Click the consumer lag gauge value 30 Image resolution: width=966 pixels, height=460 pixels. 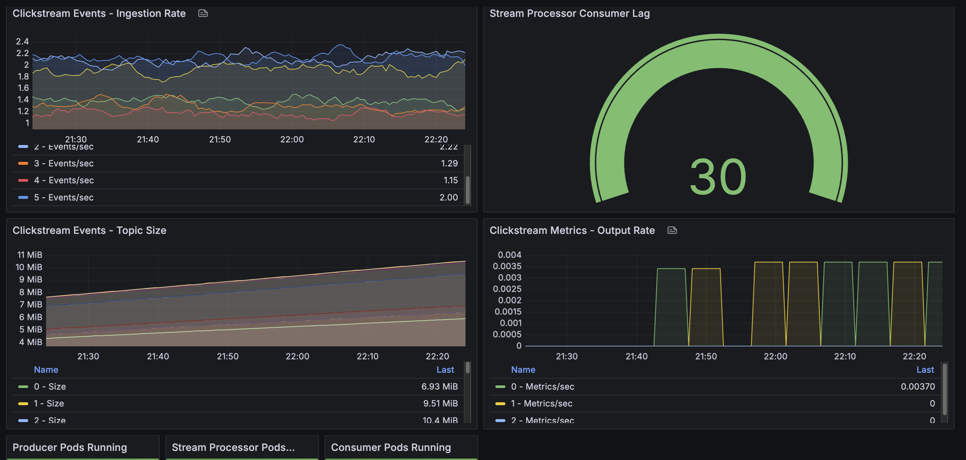tap(718, 177)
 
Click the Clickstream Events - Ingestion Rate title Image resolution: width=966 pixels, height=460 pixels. tap(99, 14)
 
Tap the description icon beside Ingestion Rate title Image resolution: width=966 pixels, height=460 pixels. tap(203, 14)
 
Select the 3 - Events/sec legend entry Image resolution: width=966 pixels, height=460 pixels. tap(64, 163)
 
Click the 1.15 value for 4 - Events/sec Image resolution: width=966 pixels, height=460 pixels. tap(450, 180)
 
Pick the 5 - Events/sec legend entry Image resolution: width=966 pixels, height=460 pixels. tap(64, 198)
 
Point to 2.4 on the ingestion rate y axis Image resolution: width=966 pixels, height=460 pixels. tap(22, 42)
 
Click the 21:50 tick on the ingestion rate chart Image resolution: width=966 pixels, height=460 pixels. tap(220, 139)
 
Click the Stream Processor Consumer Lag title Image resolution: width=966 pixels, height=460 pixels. tap(569, 14)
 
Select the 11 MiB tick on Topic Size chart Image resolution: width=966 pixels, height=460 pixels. tap(30, 255)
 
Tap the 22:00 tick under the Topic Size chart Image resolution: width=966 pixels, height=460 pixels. tap(297, 357)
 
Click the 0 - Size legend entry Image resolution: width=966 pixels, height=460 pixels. tap(50, 386)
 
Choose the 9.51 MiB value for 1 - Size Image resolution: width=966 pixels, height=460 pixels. tap(440, 403)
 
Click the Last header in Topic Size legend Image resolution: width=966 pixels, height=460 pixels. tap(445, 369)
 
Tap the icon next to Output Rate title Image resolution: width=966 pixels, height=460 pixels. tap(672, 230)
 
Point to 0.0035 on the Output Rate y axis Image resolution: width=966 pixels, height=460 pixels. tap(507, 266)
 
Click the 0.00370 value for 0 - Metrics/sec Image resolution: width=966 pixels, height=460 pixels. tap(918, 386)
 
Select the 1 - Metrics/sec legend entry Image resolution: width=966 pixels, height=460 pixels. tap(541, 403)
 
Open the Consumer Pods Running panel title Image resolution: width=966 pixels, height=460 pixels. tap(391, 447)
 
